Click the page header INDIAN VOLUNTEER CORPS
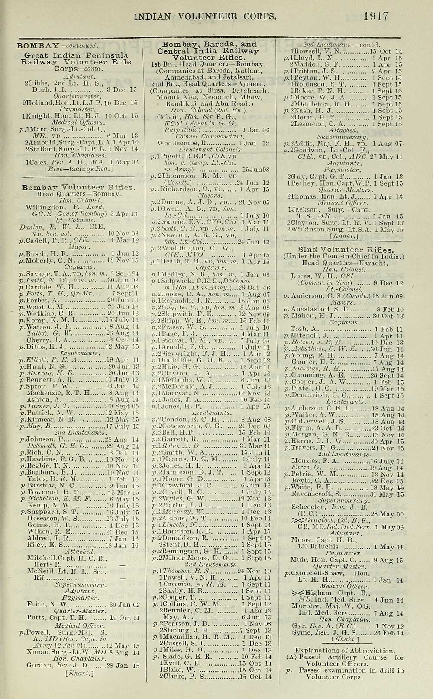click(x=205, y=17)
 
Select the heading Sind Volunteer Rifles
click(x=346, y=250)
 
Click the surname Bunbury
click(x=45, y=472)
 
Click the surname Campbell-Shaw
click(x=318, y=574)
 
